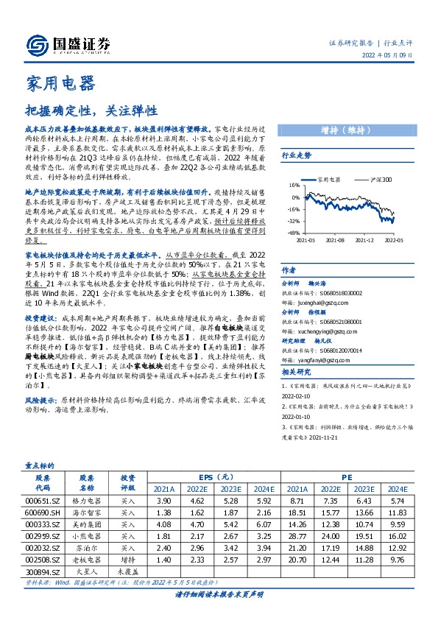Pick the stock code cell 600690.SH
tap(43, 511)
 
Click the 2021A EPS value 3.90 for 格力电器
tap(163, 499)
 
